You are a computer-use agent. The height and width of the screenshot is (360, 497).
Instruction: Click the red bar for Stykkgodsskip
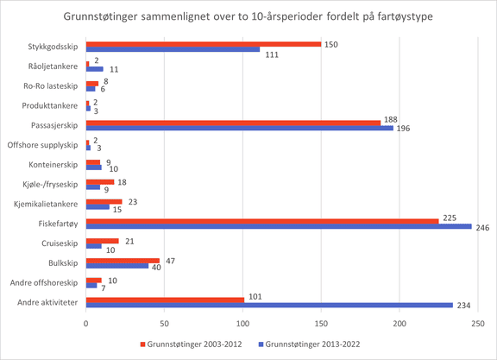pyautogui.click(x=204, y=44)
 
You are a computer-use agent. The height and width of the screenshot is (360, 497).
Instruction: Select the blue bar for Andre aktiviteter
pyautogui.click(x=269, y=305)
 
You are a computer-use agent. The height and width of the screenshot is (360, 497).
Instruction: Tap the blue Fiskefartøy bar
pyautogui.click(x=279, y=226)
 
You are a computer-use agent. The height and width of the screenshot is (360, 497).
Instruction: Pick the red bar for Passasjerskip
pyautogui.click(x=233, y=123)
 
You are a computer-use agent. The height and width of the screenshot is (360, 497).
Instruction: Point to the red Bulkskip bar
pyautogui.click(x=123, y=261)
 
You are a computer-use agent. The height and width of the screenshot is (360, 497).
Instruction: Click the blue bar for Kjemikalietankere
pyautogui.click(x=98, y=207)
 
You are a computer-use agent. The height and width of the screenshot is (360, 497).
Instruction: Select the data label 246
pyautogui.click(x=482, y=228)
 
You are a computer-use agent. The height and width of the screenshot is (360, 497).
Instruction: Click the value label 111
pyautogui.click(x=272, y=55)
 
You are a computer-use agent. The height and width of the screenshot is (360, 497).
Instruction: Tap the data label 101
pyautogui.click(x=255, y=297)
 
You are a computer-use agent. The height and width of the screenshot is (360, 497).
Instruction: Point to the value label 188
pyautogui.click(x=391, y=120)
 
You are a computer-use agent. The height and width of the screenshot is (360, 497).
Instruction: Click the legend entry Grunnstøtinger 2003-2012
pyautogui.click(x=192, y=344)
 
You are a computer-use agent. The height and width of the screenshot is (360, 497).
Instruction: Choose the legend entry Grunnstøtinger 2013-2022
pyautogui.click(x=310, y=344)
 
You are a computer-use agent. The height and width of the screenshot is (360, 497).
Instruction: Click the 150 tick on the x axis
pyautogui.click(x=321, y=324)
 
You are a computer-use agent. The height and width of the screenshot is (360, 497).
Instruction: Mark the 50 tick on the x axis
pyautogui.click(x=164, y=324)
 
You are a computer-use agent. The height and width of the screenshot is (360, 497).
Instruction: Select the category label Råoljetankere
pyautogui.click(x=53, y=66)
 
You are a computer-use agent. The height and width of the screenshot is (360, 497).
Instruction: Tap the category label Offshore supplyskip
pyautogui.click(x=42, y=145)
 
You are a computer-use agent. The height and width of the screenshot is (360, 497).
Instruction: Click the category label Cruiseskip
pyautogui.click(x=60, y=243)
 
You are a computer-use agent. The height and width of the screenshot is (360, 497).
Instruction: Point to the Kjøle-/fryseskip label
pyautogui.click(x=50, y=184)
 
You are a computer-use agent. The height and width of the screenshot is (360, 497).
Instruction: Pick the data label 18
pyautogui.click(x=122, y=182)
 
